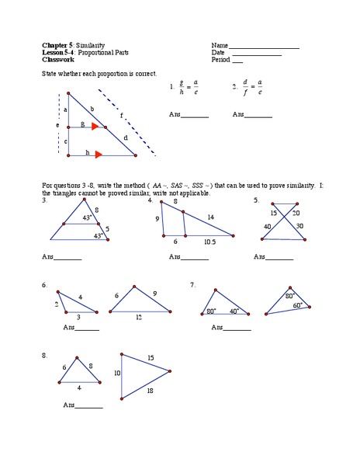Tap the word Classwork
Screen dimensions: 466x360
point(57,59)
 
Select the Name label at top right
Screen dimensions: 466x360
point(219,45)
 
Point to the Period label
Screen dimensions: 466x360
point(220,59)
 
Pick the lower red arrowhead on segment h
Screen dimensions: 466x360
point(99,155)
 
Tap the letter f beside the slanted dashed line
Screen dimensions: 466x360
point(121,115)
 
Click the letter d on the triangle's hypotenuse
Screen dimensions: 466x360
point(126,137)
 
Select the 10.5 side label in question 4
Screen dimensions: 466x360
point(211,242)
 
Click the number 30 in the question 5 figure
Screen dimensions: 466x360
point(299,226)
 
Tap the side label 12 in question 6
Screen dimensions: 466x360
point(139,317)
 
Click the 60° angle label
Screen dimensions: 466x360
point(296,306)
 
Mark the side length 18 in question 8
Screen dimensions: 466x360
point(150,390)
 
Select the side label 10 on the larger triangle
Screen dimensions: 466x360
point(117,374)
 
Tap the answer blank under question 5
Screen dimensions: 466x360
point(280,256)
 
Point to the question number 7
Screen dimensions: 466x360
point(192,285)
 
